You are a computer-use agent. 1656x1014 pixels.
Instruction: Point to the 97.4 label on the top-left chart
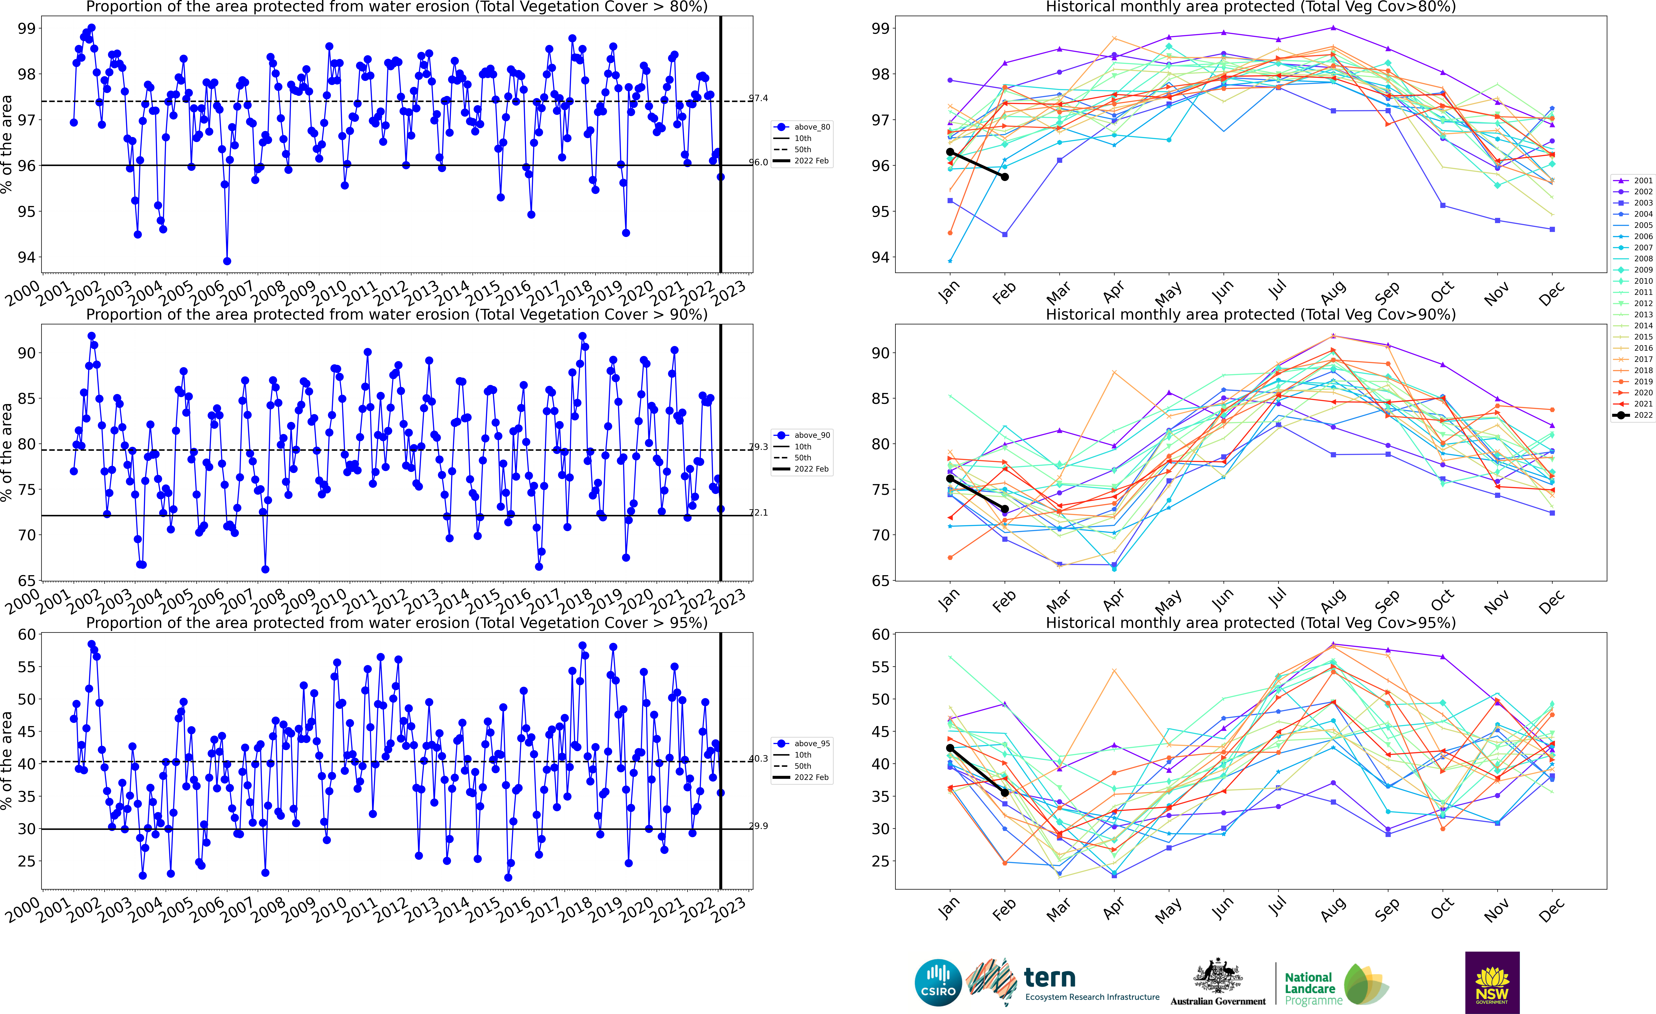[759, 98]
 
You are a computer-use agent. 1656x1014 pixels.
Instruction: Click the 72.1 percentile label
[759, 512]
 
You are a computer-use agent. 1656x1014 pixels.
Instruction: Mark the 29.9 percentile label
[759, 826]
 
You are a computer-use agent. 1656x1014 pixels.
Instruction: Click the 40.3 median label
[759, 758]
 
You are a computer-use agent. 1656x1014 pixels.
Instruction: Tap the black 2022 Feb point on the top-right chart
[1005, 177]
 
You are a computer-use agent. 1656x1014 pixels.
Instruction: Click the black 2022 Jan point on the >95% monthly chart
[950, 748]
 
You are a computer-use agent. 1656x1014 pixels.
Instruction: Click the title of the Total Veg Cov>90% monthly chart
[1251, 315]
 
